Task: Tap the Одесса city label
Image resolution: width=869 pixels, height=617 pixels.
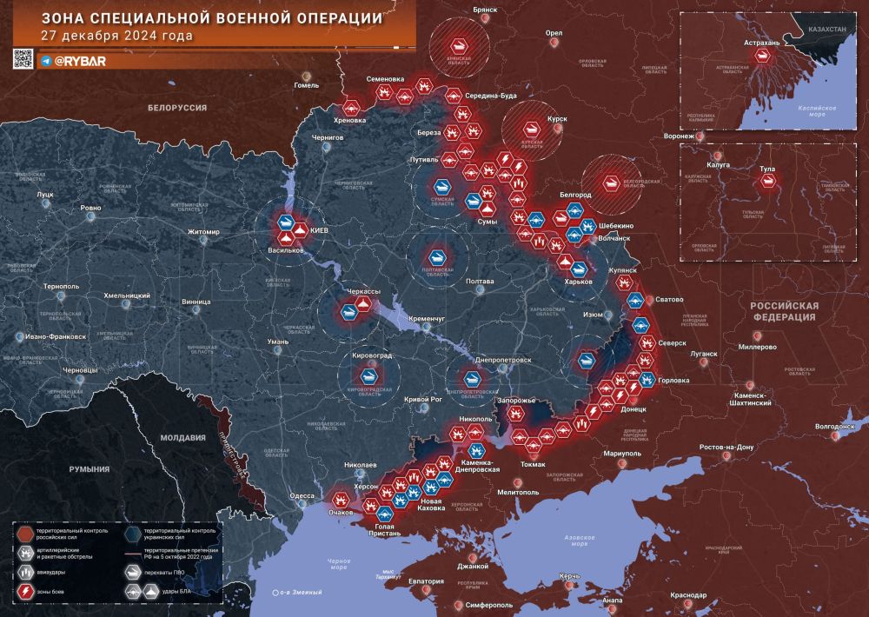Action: pos(302,495)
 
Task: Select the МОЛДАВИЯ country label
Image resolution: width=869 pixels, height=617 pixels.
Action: pos(177,438)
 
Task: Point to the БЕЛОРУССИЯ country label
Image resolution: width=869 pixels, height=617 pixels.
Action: pos(176,107)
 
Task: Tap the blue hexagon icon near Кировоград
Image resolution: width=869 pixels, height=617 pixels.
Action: pos(370,375)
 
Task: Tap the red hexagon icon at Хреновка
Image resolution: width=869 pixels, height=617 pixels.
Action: pos(351,108)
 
